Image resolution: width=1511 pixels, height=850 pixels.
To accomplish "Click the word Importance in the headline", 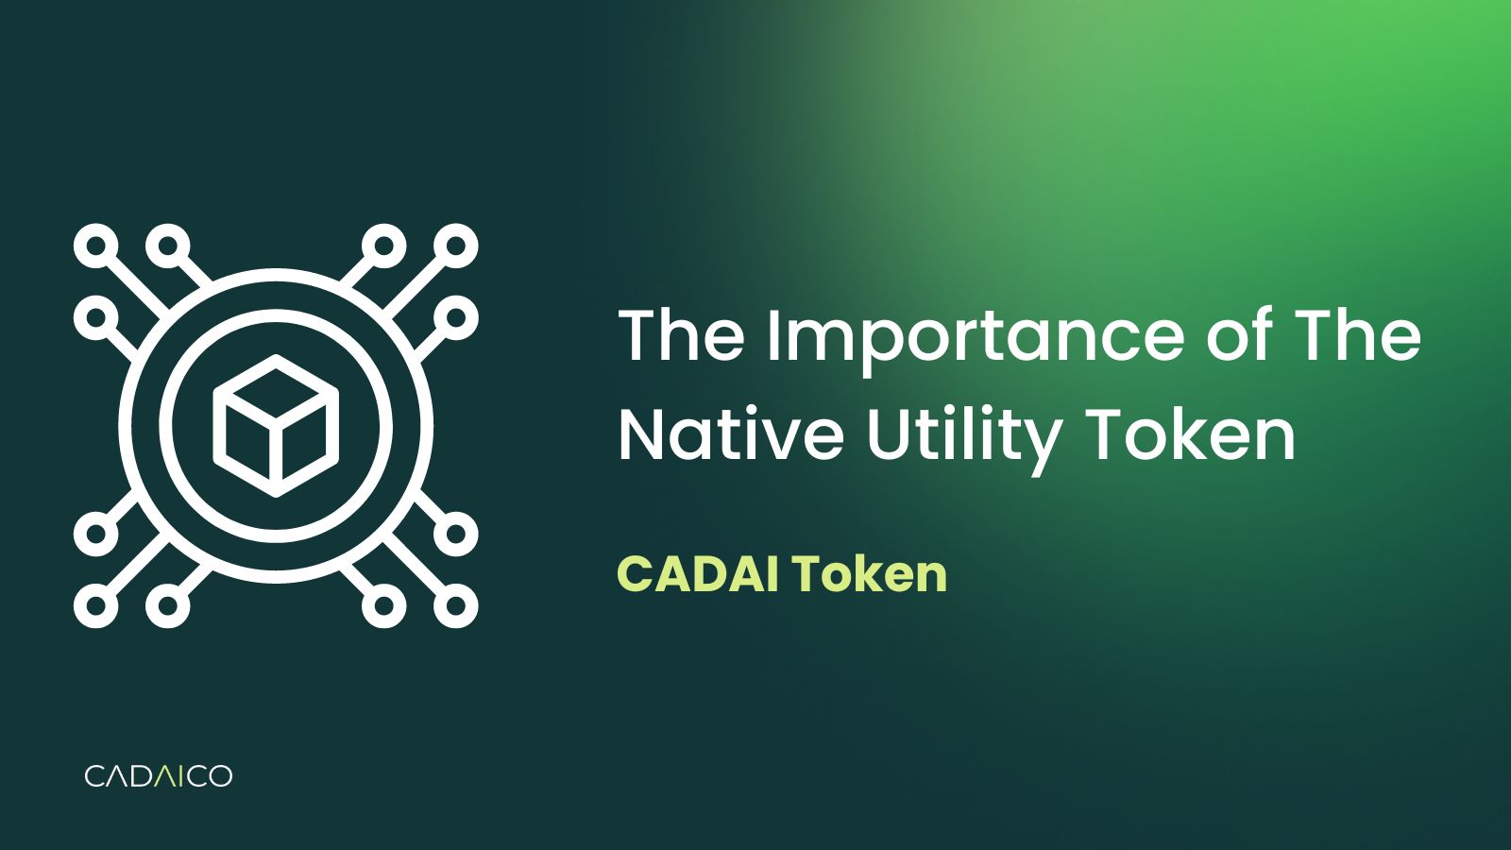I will [x=974, y=336].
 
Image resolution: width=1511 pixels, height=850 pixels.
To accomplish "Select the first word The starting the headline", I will [x=681, y=336].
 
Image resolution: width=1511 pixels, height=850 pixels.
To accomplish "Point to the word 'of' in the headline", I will [x=1238, y=336].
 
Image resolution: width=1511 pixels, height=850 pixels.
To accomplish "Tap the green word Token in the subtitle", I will [x=869, y=573].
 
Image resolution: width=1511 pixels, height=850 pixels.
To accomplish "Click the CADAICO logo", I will [x=158, y=776].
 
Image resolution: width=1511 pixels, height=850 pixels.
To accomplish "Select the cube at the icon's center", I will [x=276, y=426].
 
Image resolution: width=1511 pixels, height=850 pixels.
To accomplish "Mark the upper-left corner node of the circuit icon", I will [x=95, y=246].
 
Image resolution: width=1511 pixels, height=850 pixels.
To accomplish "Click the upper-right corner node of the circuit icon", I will [x=456, y=246].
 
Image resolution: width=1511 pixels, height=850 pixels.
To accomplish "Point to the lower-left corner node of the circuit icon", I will [x=95, y=605].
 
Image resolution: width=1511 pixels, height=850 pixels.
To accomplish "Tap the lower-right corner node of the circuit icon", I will [x=456, y=605].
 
